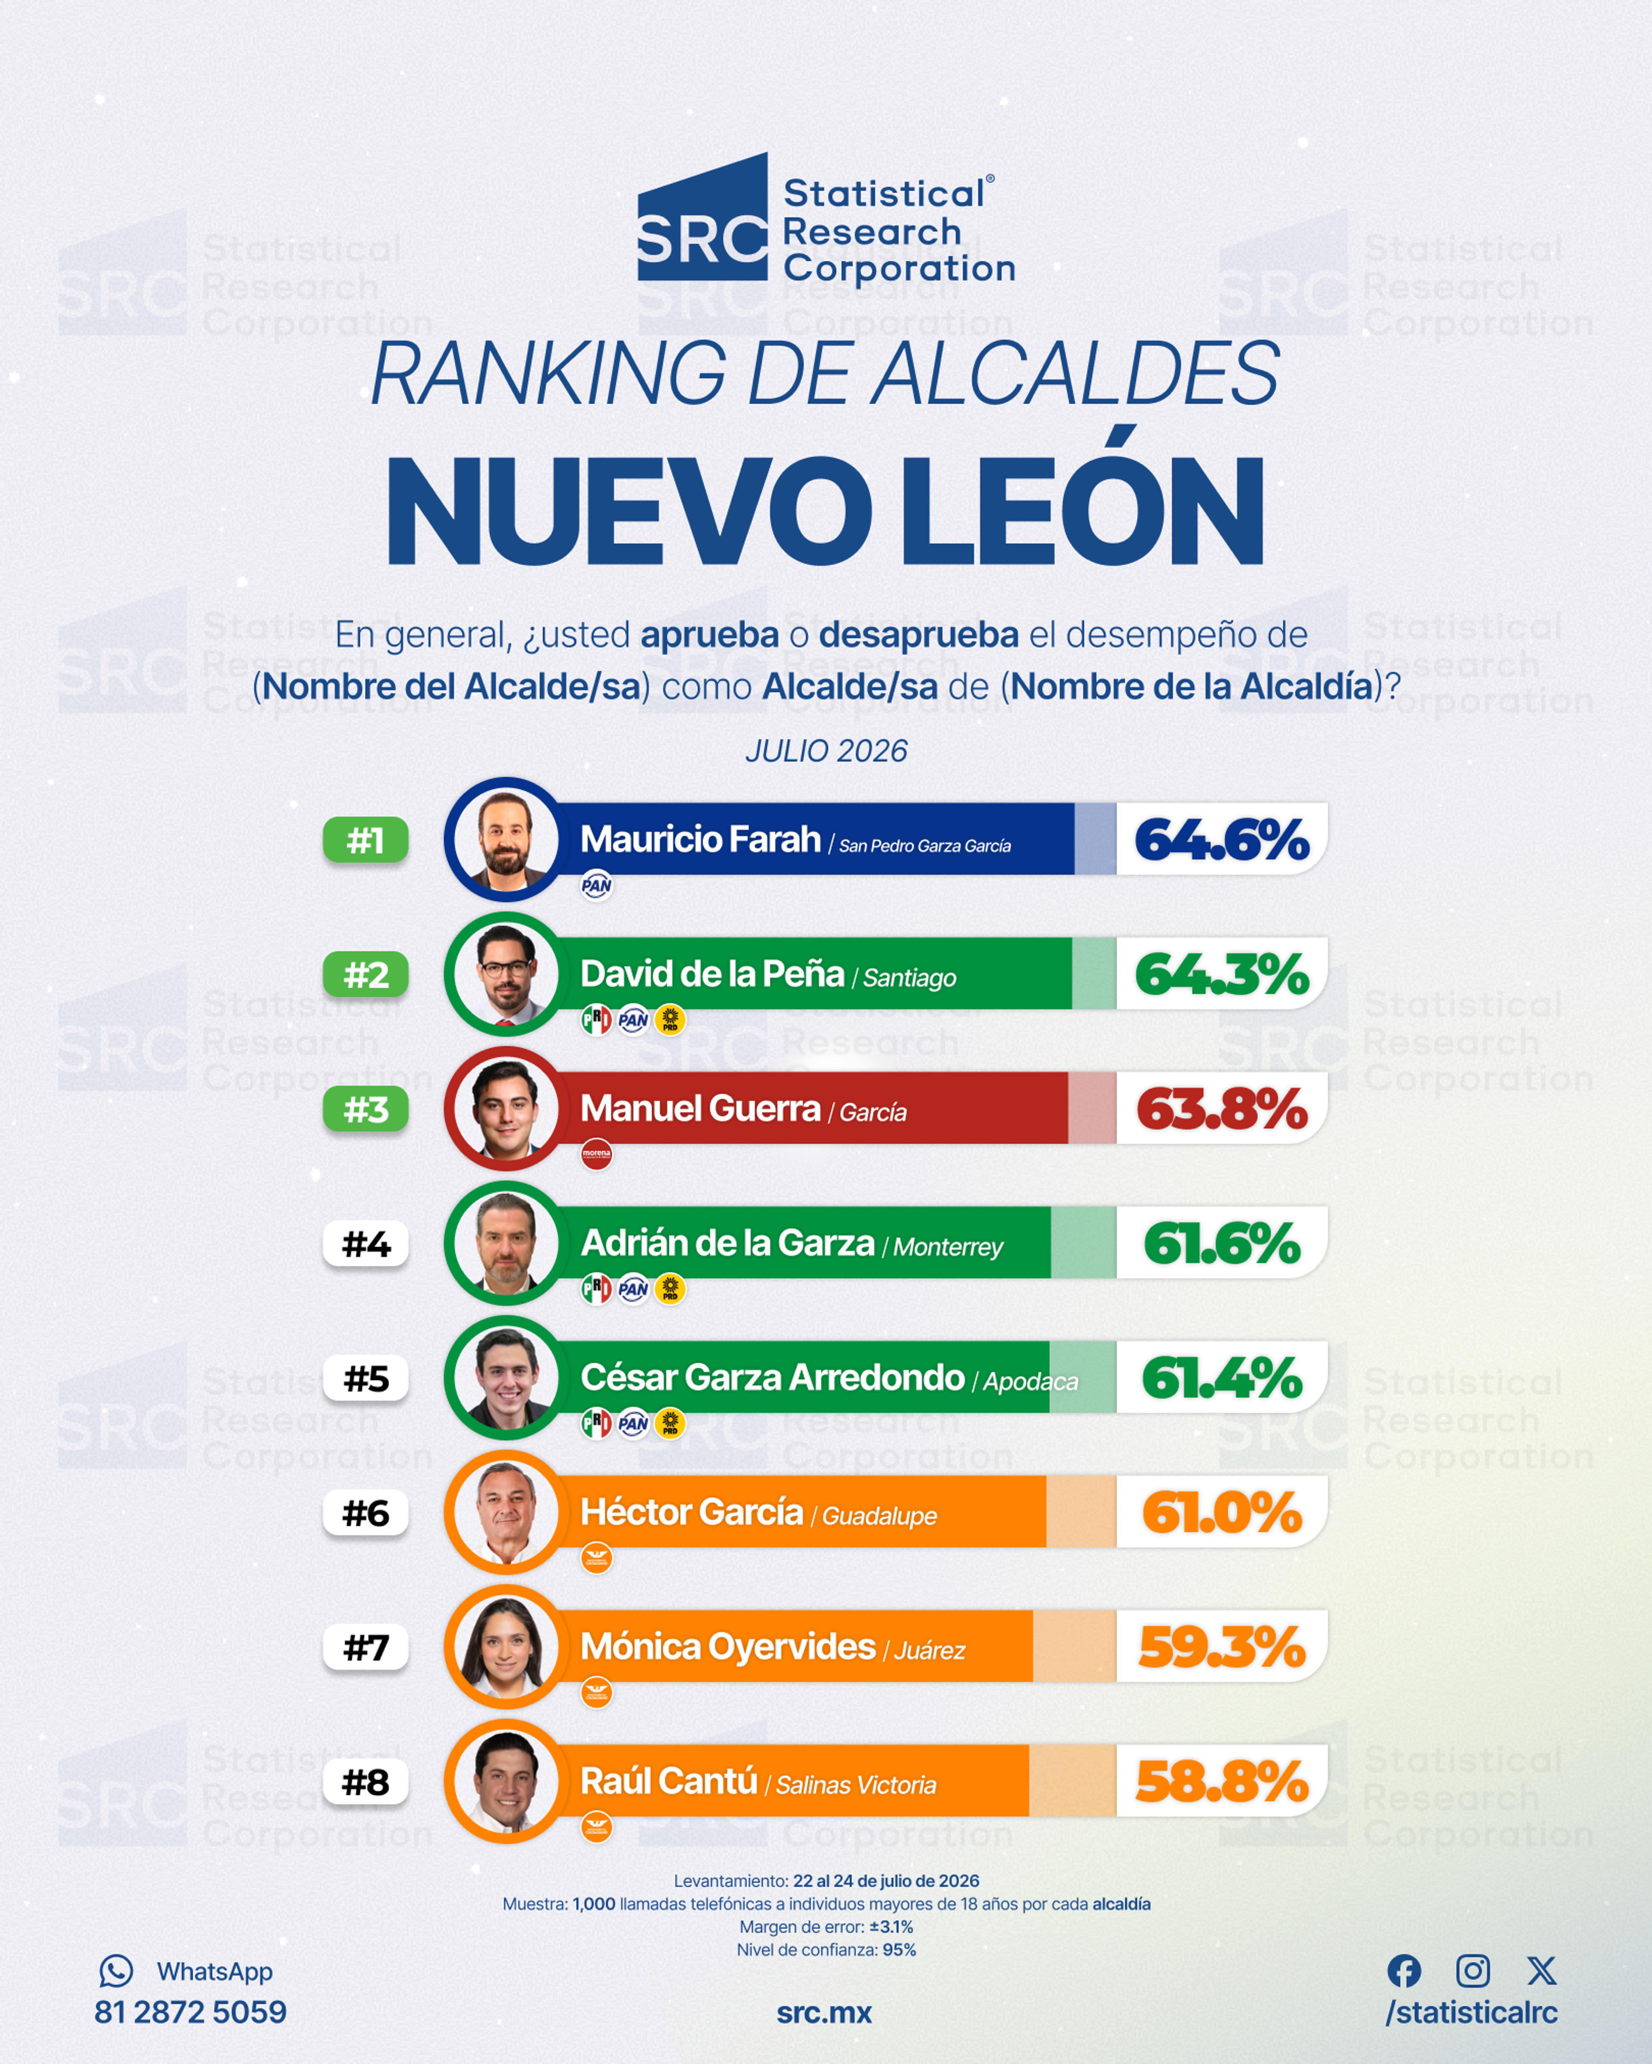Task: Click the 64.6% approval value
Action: pos(1221,840)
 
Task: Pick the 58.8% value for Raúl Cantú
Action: pos(1221,1781)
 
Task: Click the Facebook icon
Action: pos(1404,1970)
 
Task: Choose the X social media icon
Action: pos(1541,1970)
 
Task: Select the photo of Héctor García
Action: pos(505,1513)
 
